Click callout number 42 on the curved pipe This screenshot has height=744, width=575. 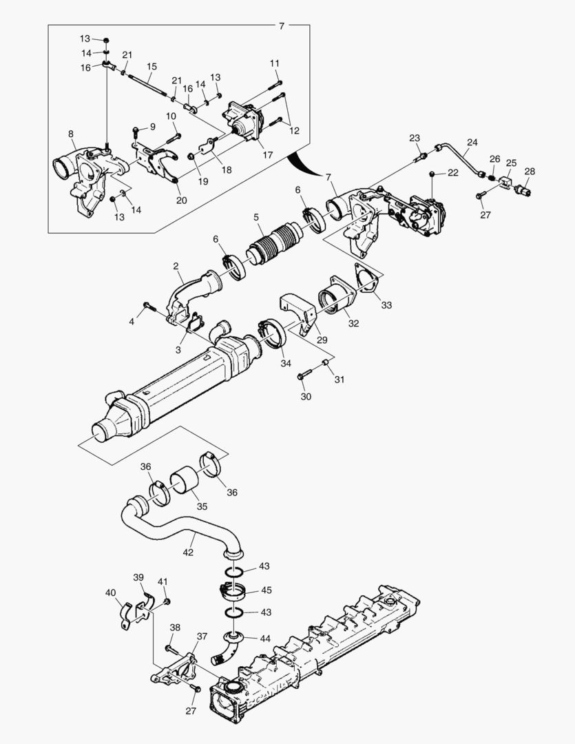[188, 552]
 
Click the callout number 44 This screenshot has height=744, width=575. [264, 639]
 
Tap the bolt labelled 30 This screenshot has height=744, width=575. [306, 376]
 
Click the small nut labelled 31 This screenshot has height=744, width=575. [325, 362]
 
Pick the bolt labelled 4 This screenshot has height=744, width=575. [149, 305]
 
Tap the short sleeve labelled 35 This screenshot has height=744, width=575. [184, 480]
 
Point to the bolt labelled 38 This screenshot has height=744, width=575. [171, 649]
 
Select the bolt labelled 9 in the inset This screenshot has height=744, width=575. [136, 130]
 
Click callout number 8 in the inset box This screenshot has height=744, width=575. [71, 134]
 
